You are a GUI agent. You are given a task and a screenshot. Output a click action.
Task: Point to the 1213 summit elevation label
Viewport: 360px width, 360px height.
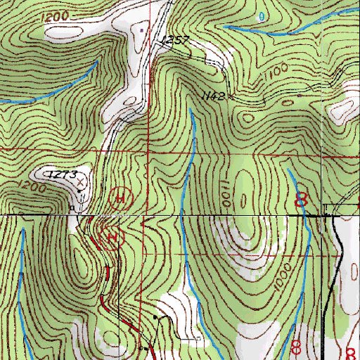[x=63, y=173]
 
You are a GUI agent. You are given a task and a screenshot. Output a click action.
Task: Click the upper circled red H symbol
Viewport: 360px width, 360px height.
[x=120, y=199]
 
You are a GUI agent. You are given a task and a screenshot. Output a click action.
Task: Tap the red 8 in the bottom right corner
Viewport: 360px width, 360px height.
[x=349, y=352]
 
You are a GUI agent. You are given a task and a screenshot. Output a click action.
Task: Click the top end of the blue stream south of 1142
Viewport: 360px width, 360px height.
[x=191, y=110]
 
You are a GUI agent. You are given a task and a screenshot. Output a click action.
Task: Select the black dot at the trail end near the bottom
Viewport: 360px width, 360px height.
[x=143, y=347]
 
